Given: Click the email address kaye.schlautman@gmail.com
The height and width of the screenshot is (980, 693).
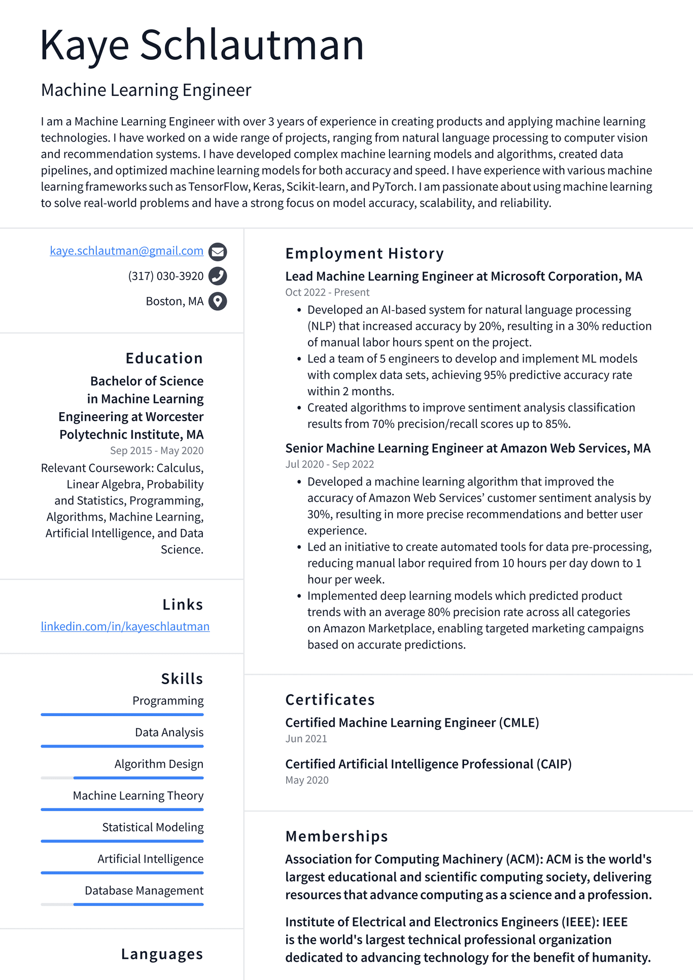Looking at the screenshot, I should coord(126,251).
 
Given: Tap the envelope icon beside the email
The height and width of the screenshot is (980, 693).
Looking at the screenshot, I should coord(218,251).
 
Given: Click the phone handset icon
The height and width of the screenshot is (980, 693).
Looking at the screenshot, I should coord(218,276).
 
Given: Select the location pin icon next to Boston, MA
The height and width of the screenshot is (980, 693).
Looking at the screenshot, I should coord(218,301).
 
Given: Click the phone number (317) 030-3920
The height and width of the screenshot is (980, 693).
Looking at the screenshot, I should coord(165,276).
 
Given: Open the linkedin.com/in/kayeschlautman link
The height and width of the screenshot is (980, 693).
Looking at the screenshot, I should coord(125,626).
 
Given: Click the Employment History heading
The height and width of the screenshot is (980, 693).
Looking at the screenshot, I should coord(364,253).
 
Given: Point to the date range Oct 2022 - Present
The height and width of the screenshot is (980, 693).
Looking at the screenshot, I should coord(327,292).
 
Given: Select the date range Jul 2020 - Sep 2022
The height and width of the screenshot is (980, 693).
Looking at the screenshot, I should coord(329,464).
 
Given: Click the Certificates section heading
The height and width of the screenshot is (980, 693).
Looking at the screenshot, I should coord(330,700).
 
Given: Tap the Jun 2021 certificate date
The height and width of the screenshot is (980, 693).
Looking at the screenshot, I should coord(306,739).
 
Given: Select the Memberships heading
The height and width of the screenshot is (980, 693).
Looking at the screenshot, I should coord(336,836).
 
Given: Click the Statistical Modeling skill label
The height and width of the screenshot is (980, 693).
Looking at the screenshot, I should coord(153,827).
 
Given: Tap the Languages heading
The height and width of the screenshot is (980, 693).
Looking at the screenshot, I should coord(162,954).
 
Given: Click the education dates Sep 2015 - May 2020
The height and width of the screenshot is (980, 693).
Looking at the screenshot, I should coord(156,451).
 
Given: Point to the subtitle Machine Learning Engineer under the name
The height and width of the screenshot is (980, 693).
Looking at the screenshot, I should coord(146,90).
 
